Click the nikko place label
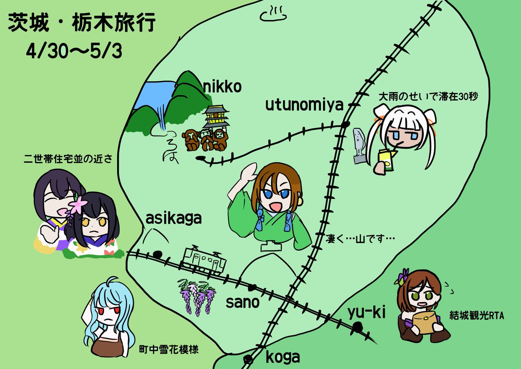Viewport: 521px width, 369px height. [x=222, y=88]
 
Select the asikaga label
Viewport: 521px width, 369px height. [x=174, y=218]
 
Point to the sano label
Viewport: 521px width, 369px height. [x=242, y=302]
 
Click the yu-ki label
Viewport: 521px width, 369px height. [x=366, y=312]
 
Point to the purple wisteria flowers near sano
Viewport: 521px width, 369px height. [x=197, y=295]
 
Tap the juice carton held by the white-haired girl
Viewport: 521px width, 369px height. [x=387, y=158]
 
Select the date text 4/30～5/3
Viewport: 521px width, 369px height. [x=74, y=52]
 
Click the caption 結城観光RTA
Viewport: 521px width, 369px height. [x=476, y=316]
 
